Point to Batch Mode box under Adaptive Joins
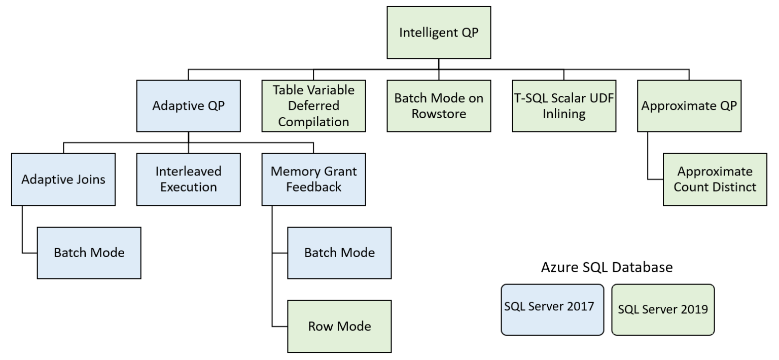90,253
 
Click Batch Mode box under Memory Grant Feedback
340,253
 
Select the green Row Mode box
340,326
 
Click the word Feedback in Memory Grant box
314,187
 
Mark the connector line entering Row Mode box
280,326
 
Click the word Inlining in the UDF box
562,114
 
